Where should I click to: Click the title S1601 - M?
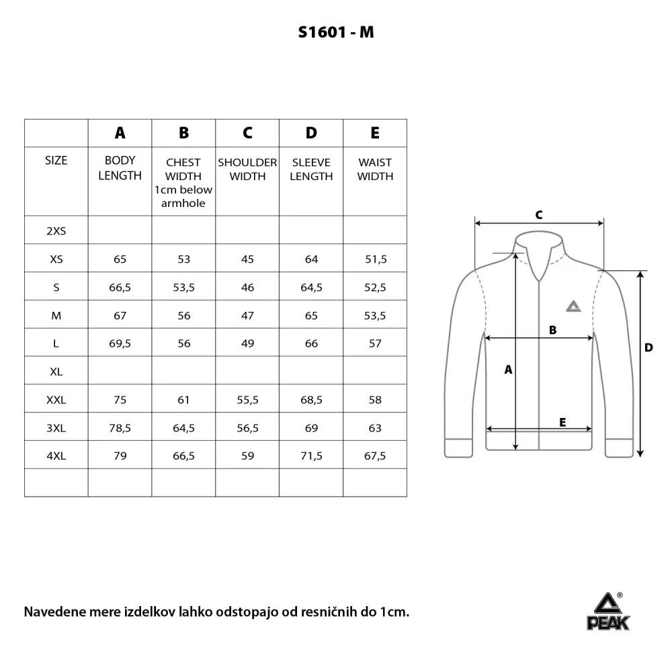[x=335, y=32]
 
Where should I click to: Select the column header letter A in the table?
[x=120, y=133]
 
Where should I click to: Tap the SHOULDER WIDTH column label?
[x=247, y=169]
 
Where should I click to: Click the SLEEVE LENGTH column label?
[x=311, y=169]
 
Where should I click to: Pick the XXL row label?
[x=56, y=400]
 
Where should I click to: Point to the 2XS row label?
[x=56, y=230]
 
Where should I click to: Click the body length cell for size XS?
[x=120, y=259]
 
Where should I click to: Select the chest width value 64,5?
[x=183, y=428]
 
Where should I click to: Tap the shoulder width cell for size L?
[x=247, y=343]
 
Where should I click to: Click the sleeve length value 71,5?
[x=311, y=456]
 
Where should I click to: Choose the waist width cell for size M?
[x=375, y=315]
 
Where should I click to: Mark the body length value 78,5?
[x=120, y=428]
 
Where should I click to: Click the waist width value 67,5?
[x=375, y=456]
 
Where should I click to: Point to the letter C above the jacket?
[x=538, y=215]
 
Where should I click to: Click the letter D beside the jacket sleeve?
[x=648, y=347]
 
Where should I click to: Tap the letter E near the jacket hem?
[x=562, y=422]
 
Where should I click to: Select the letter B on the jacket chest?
[x=553, y=329]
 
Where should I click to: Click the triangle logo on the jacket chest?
[x=572, y=306]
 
